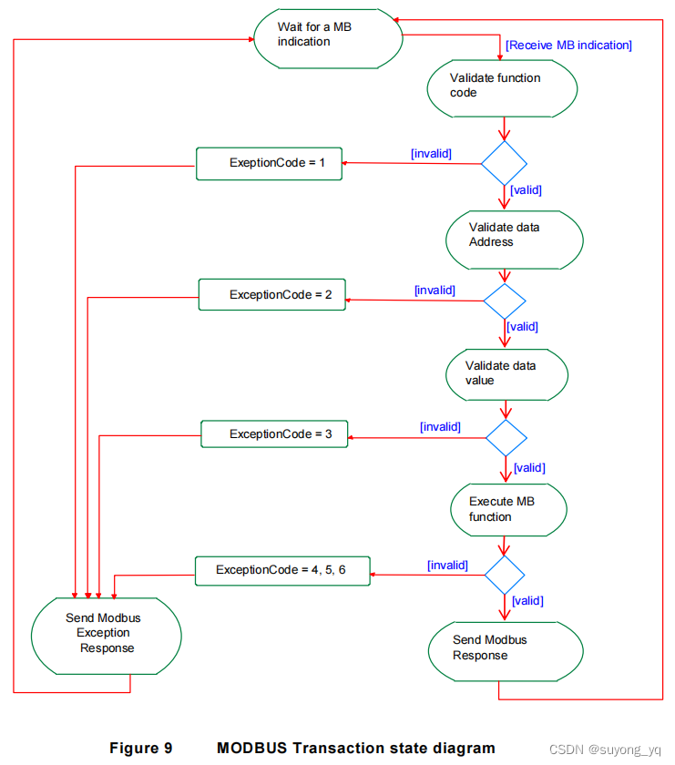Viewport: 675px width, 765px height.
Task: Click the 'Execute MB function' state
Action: (x=508, y=509)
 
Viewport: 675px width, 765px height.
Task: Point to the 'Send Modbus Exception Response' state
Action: (x=106, y=634)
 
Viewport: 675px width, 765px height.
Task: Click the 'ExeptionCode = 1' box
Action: (x=271, y=163)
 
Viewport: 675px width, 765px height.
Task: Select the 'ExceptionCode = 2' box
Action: (x=272, y=294)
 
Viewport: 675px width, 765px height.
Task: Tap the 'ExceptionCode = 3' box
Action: (x=274, y=434)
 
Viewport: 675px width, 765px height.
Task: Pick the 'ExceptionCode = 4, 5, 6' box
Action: (x=282, y=570)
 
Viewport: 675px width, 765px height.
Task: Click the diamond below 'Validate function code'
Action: (x=504, y=164)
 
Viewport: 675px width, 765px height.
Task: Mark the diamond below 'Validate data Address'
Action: (x=505, y=301)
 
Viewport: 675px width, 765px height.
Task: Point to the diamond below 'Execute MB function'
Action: (x=505, y=575)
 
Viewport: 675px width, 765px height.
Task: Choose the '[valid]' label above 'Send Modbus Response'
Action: (x=527, y=600)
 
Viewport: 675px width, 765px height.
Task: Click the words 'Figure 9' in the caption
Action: (x=140, y=748)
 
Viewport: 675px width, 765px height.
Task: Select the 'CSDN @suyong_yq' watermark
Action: (x=611, y=750)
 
